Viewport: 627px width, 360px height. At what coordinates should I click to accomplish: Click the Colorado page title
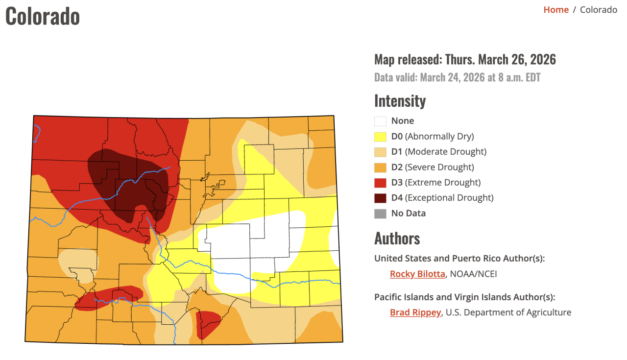43,16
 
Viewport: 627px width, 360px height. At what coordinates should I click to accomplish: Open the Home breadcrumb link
555,10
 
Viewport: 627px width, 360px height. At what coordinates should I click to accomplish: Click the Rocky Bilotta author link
417,274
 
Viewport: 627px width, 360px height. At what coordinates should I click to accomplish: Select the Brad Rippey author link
415,312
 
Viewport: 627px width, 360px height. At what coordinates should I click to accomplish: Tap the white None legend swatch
380,121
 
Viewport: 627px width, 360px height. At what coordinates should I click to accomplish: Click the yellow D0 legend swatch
380,136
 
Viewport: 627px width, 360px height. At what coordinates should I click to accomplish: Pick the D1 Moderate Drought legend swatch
380,152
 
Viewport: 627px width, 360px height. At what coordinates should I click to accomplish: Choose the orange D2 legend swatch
380,167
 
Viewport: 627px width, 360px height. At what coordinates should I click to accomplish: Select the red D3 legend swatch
380,183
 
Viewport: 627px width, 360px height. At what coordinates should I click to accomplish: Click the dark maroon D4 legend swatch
380,198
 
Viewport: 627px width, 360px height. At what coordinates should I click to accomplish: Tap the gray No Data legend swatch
380,214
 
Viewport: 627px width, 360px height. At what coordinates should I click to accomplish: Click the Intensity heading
400,100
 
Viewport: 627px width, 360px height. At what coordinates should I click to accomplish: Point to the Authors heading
397,239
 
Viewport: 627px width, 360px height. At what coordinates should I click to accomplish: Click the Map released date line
465,60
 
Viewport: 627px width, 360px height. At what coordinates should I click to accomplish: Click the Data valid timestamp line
457,77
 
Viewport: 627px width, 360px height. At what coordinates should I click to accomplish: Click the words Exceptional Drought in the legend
449,198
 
